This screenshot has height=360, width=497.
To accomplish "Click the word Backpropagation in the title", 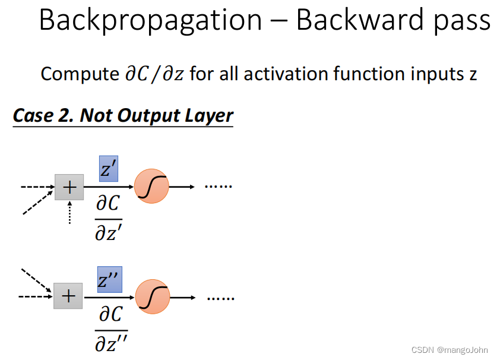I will [150, 21].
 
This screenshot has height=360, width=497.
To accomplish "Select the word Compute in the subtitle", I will [79, 74].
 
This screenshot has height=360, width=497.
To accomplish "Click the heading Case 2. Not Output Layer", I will [123, 115].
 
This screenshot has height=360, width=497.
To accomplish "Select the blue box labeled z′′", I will [110, 279].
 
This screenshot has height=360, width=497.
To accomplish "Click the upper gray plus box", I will [69, 187].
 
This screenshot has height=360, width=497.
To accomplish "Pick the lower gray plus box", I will [68, 296].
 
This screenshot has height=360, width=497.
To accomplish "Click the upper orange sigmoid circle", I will [152, 187].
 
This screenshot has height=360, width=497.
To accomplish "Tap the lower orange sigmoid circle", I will [153, 296].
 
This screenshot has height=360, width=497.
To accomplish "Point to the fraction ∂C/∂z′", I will [108, 219].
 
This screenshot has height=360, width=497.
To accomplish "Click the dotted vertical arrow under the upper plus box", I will [69, 212].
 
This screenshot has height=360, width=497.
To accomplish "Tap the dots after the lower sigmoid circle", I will [220, 296].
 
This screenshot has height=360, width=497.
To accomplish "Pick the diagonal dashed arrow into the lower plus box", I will [36, 280].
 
